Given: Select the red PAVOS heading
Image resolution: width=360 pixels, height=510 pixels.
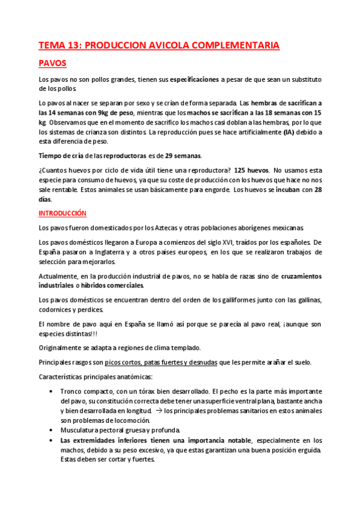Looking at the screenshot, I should (52, 63).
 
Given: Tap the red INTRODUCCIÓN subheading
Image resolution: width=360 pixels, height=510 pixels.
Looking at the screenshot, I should (63, 214).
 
